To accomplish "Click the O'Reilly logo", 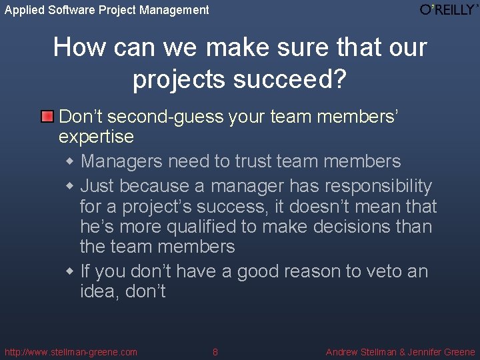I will [449, 9].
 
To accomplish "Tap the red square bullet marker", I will [47, 117].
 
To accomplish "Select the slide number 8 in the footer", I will [215, 352].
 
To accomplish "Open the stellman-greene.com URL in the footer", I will [71, 352].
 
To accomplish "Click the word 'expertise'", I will [96, 137].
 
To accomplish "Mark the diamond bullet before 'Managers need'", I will [71, 162].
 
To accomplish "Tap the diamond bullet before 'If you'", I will [71, 272].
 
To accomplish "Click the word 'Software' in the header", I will [72, 10].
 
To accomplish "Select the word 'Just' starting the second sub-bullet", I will [97, 186].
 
